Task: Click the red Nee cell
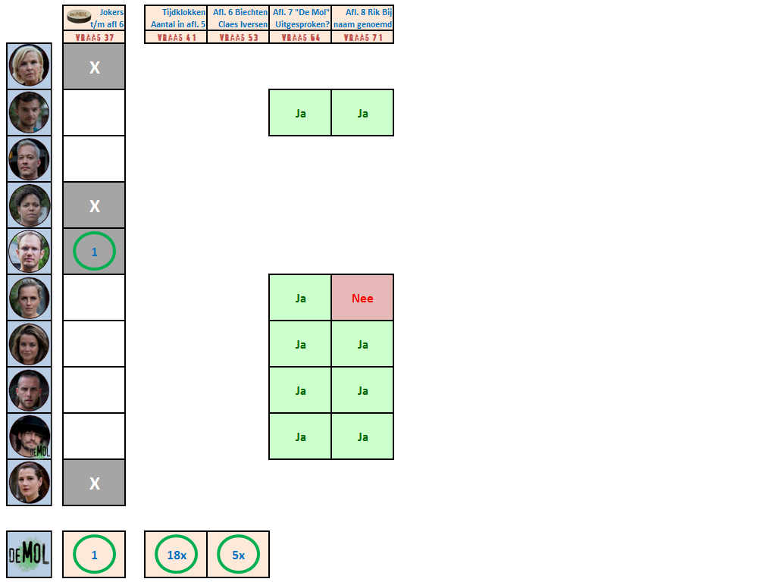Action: [x=362, y=298]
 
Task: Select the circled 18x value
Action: [x=176, y=555]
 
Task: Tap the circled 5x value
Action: [x=238, y=555]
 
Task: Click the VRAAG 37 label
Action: [x=94, y=37]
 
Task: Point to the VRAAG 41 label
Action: [x=176, y=37]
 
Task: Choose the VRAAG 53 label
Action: [x=238, y=37]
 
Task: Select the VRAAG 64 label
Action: [x=300, y=37]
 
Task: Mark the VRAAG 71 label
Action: [x=362, y=37]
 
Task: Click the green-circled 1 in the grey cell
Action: [x=94, y=252]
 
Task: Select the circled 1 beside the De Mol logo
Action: [x=94, y=555]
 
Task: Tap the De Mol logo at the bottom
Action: [x=30, y=555]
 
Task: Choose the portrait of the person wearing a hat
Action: [x=30, y=436]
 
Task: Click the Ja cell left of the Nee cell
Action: [x=300, y=298]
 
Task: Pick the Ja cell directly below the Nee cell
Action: [x=362, y=344]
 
